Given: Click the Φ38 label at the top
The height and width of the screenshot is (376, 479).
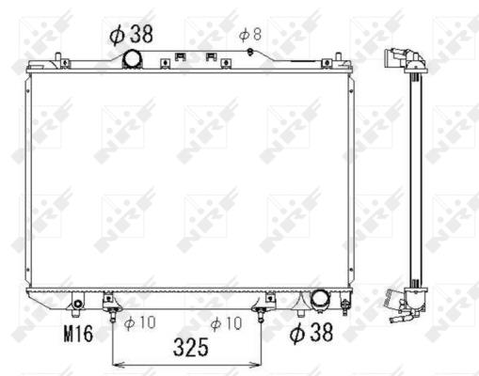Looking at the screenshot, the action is click(x=131, y=34).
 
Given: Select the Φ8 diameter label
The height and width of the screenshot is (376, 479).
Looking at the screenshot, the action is click(x=250, y=34).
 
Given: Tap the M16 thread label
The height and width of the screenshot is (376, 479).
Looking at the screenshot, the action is click(x=78, y=334).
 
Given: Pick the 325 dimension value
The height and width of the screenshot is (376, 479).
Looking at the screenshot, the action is click(x=191, y=347).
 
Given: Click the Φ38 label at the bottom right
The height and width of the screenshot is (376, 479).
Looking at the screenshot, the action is click(x=311, y=333).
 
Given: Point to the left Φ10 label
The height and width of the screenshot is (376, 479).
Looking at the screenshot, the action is click(x=139, y=322).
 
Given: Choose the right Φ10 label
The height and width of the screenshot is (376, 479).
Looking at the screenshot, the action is click(x=226, y=323).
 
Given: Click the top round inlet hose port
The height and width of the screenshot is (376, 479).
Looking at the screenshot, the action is click(x=132, y=59).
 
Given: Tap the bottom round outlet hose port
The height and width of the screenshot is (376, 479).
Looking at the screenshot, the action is click(x=320, y=299).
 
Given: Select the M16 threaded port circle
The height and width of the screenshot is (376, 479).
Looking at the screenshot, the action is click(x=77, y=305).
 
